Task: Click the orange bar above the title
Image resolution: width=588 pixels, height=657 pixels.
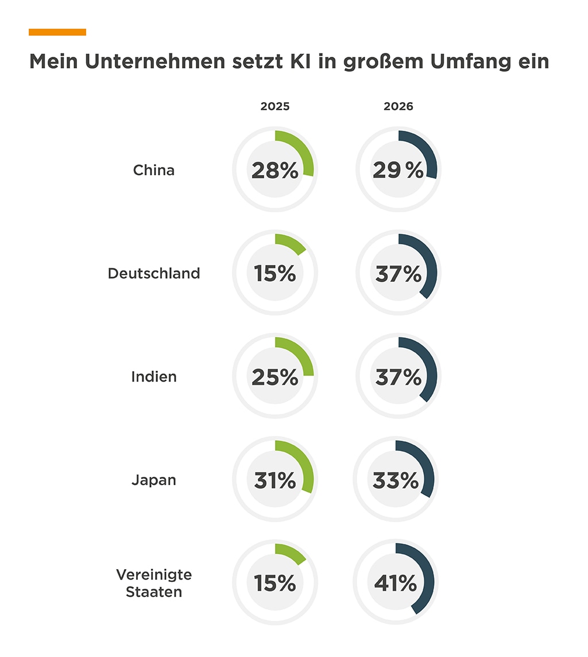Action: [x=57, y=32]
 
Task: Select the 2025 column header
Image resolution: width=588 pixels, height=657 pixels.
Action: [x=275, y=107]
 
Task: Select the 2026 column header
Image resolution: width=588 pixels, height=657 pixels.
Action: [x=399, y=107]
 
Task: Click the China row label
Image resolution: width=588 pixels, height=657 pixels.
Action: [x=154, y=170]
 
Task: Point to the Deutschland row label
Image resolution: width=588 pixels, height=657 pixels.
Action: [x=154, y=273]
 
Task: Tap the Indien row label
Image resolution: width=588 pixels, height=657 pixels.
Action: [x=154, y=377]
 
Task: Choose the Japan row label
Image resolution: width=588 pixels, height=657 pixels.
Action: [x=154, y=480]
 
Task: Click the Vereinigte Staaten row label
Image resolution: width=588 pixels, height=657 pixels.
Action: [x=154, y=583]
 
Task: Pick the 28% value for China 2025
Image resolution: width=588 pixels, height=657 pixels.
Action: [x=275, y=170]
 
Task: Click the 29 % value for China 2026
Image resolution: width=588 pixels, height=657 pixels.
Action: [x=398, y=170]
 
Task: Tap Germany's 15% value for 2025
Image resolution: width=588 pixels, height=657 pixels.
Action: [x=275, y=274]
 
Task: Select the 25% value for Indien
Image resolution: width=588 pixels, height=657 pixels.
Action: [x=275, y=377]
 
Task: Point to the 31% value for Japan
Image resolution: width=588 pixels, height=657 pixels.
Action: [x=275, y=480]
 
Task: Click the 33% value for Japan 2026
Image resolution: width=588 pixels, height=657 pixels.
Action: [x=396, y=480]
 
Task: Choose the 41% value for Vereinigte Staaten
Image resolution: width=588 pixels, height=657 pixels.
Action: [x=396, y=584]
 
